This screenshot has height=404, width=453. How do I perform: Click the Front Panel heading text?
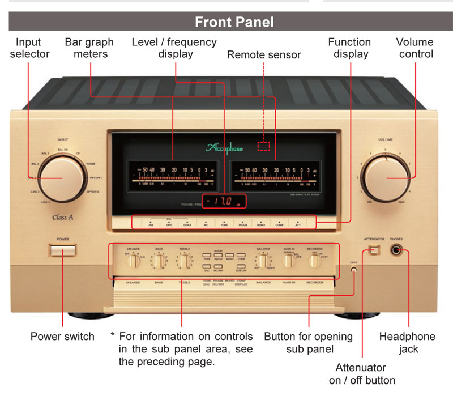tap(234, 22)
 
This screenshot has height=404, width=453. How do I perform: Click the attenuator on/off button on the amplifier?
tap(373, 250)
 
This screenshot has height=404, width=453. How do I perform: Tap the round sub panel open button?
tap(354, 270)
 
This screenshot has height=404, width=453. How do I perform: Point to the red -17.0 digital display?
tap(224, 201)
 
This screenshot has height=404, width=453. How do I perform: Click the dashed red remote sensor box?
tap(264, 146)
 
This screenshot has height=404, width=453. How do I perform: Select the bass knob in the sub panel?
tap(160, 261)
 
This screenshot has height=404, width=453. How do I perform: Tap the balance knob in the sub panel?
tap(263, 261)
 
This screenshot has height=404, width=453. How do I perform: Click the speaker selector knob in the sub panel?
tap(134, 261)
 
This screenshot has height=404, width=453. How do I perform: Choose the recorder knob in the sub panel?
tap(314, 261)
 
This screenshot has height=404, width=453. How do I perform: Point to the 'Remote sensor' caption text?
tap(264, 55)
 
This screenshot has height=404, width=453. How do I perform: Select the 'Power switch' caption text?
tap(62, 337)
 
